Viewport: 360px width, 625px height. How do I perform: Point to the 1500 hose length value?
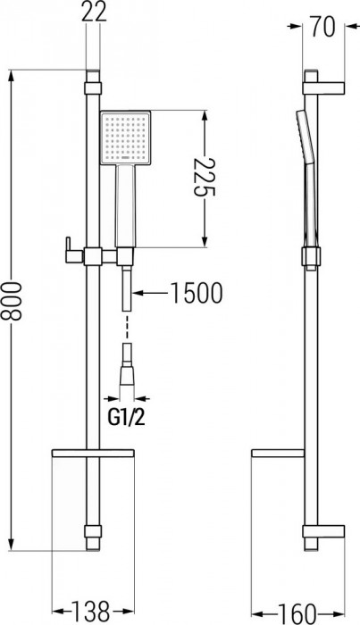click(192, 292)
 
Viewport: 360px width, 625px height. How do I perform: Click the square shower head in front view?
click(129, 139)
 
